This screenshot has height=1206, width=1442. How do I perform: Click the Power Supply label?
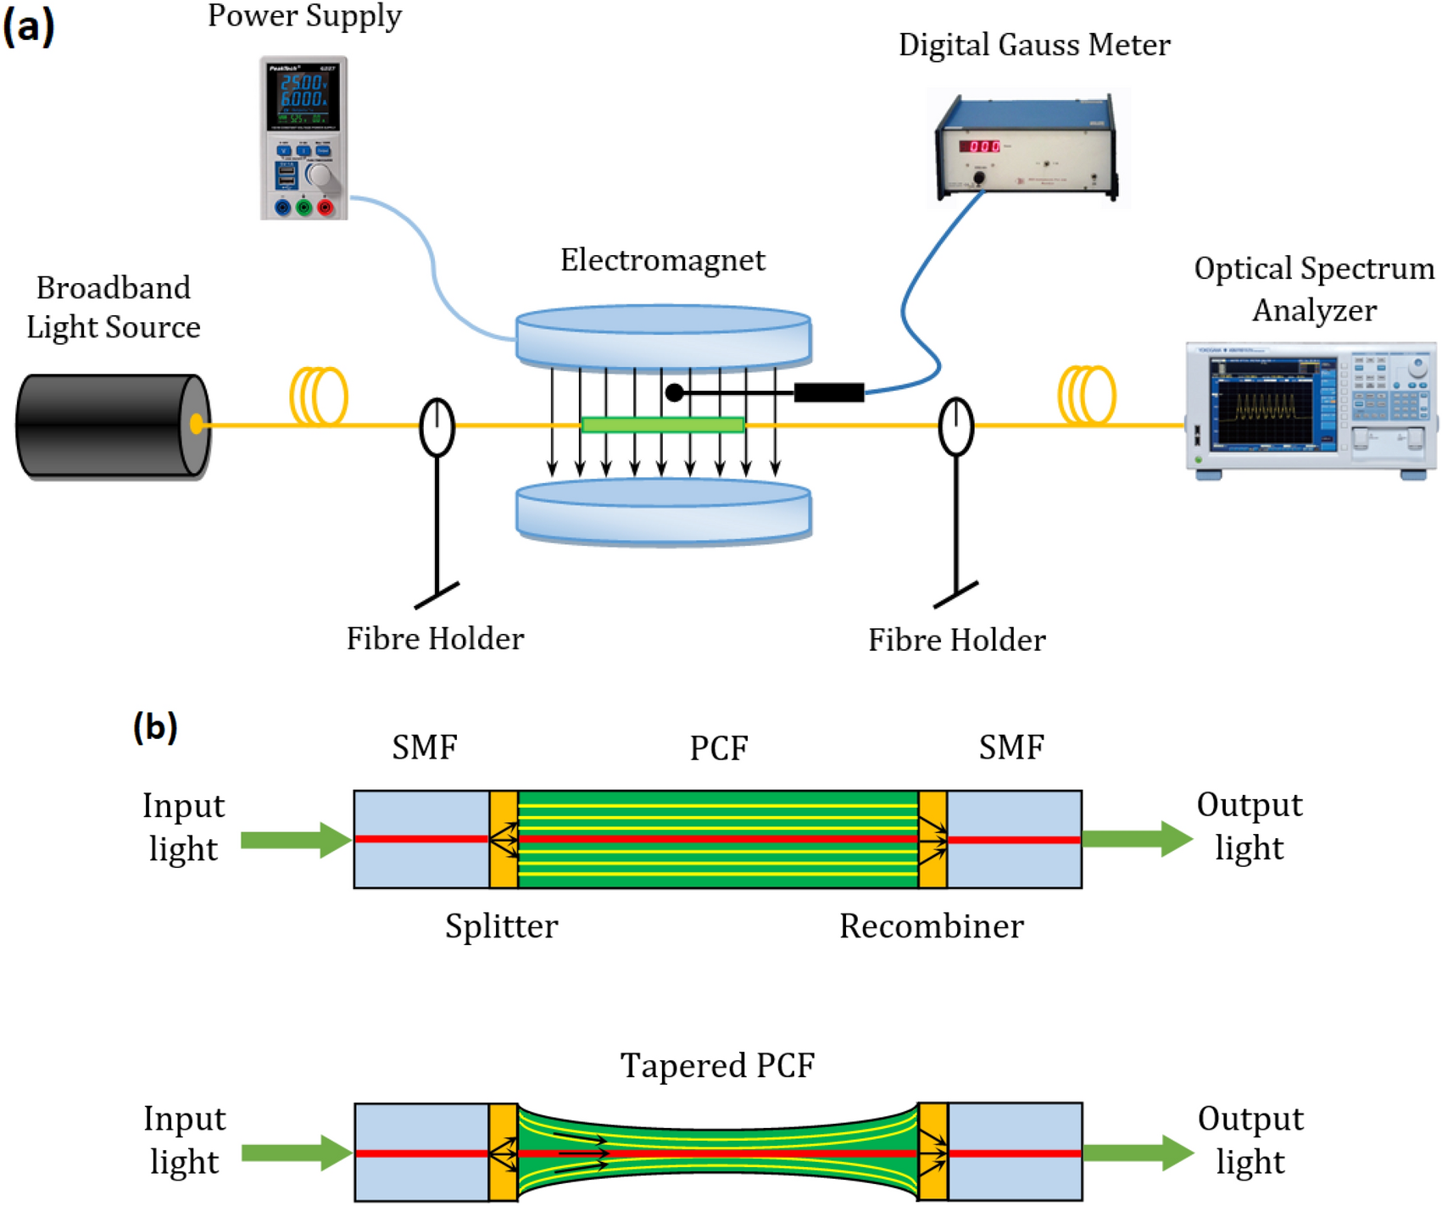point(304,17)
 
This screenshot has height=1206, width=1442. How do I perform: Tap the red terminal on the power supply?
point(325,207)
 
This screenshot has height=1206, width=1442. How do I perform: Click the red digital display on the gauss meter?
point(979,147)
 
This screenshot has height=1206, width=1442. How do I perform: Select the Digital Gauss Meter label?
point(1034,45)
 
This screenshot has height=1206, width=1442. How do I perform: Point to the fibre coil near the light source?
point(319,395)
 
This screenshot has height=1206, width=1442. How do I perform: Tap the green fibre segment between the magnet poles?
point(663,425)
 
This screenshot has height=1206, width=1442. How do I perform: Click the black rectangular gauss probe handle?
point(828,392)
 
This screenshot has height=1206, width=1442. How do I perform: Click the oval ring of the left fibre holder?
point(437,427)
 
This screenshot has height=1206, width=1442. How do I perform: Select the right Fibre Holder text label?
point(956,641)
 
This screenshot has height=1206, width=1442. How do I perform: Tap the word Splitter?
point(501,926)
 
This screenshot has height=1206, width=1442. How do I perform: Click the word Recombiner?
point(931,926)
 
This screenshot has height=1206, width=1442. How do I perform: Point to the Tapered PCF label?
point(717,1065)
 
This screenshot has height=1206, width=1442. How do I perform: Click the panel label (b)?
point(155,727)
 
